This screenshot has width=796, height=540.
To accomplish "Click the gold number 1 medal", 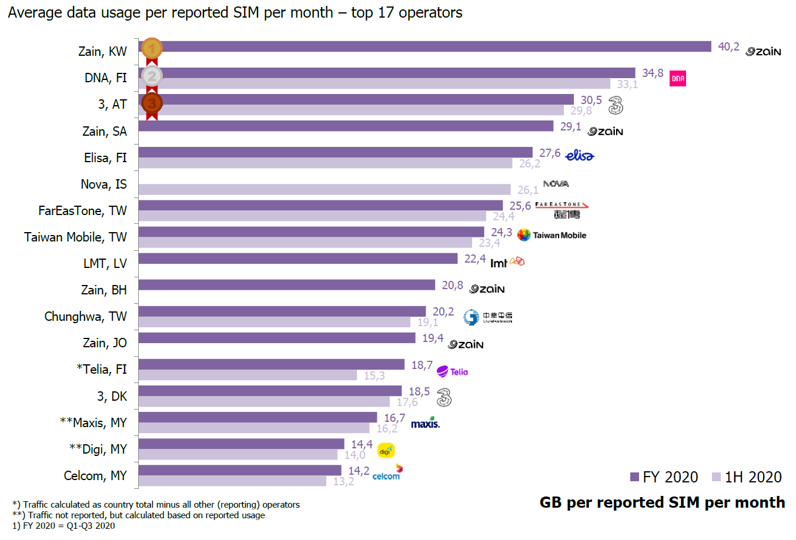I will [x=152, y=49].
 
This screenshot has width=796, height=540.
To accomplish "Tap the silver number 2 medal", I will [x=152, y=76].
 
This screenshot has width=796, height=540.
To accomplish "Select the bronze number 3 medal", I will [x=152, y=103].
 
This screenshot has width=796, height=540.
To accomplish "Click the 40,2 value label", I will [x=728, y=46].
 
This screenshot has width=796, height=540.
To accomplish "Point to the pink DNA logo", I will [x=678, y=78].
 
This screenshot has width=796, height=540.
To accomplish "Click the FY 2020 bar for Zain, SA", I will [x=346, y=126].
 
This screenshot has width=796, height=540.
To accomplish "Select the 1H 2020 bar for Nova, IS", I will [x=324, y=189].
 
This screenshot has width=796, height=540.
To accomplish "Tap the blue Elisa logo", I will [x=579, y=155].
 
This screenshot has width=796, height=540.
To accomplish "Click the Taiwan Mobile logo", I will [x=551, y=235].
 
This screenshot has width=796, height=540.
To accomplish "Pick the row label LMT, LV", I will [x=105, y=263].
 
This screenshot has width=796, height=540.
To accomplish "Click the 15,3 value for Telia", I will [x=374, y=375].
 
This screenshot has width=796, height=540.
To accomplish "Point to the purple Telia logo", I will [x=452, y=371].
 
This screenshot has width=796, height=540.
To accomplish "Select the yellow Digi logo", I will [x=386, y=451].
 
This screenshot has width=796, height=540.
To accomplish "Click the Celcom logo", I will [x=387, y=472].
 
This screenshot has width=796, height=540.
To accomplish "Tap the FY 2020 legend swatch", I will [x=634, y=477].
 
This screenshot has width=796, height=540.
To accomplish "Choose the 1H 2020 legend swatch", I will [x=716, y=477].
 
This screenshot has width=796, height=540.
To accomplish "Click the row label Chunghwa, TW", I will [x=85, y=316].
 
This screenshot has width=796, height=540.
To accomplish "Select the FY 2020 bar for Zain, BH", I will [x=286, y=284].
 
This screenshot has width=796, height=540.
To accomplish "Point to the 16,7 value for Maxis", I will [x=394, y=418].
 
